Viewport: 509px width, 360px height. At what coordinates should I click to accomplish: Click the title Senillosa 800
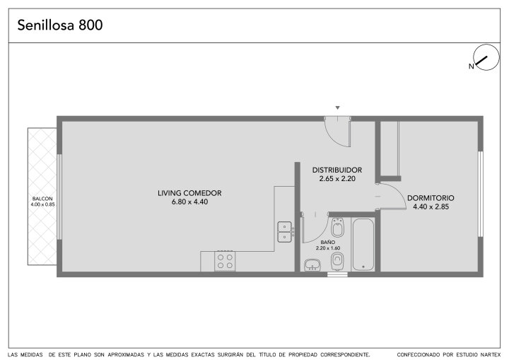pyautogui.click(x=60, y=25)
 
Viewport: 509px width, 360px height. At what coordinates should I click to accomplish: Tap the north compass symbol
pyautogui.click(x=486, y=57)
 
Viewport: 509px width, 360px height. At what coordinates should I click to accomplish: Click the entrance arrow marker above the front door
pyautogui.click(x=338, y=108)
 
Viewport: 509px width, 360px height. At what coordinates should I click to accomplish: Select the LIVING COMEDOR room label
pyautogui.click(x=189, y=193)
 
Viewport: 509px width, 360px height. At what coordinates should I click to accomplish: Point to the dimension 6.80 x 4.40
pyautogui.click(x=189, y=202)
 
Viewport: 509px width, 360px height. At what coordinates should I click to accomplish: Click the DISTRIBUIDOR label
pyautogui.click(x=337, y=170)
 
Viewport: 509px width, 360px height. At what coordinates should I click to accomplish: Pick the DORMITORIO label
pyautogui.click(x=431, y=198)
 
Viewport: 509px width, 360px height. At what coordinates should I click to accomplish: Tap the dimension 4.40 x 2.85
pyautogui.click(x=431, y=207)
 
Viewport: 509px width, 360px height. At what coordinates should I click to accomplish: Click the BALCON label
pyautogui.click(x=42, y=199)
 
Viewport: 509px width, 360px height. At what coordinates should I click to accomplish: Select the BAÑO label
pyautogui.click(x=328, y=243)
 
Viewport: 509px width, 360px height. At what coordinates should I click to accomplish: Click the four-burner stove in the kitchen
pyautogui.click(x=225, y=261)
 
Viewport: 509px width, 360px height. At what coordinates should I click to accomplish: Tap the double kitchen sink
pyautogui.click(x=286, y=232)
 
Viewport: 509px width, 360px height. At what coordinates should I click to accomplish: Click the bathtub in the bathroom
pyautogui.click(x=363, y=245)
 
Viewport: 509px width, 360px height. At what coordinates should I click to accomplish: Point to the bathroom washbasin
pyautogui.click(x=312, y=265)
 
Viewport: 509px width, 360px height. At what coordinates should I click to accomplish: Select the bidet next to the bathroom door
pyautogui.click(x=338, y=228)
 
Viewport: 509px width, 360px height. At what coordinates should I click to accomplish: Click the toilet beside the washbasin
pyautogui.click(x=337, y=262)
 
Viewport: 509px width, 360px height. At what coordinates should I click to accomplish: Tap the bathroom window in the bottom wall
pyautogui.click(x=337, y=274)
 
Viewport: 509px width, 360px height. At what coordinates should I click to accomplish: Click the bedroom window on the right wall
pyautogui.click(x=481, y=194)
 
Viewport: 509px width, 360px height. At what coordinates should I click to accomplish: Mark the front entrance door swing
pyautogui.click(x=338, y=132)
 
